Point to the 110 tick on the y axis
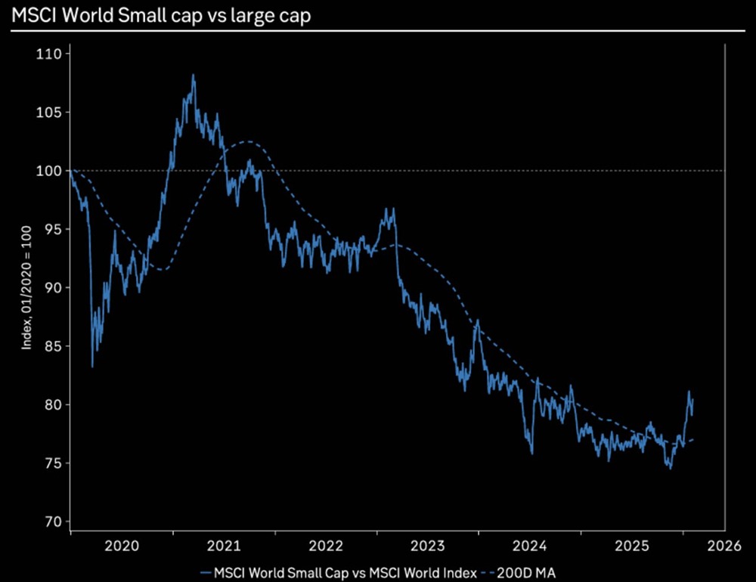point(51,54)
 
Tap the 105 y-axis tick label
point(51,113)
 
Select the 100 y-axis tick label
point(51,171)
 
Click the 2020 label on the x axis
point(121,544)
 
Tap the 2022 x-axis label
point(327,544)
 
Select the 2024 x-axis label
point(531,544)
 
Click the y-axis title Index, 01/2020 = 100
point(26,288)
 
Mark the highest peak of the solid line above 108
point(193,75)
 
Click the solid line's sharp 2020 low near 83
point(92,367)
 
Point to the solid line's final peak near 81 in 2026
point(689,392)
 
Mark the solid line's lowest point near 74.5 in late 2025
point(670,468)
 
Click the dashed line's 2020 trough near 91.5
point(163,269)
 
